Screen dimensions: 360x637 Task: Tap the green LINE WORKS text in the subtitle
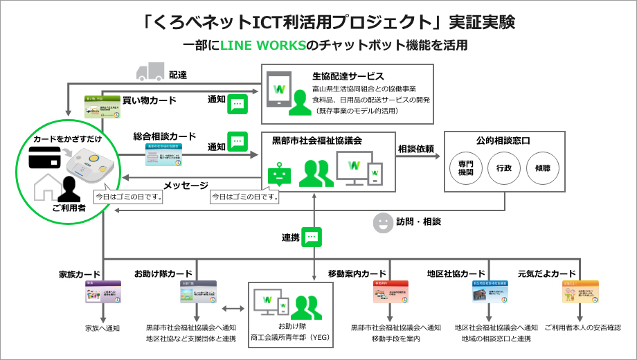point(262,46)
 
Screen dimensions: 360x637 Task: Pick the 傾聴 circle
point(538,168)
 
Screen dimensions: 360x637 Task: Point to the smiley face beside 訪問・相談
point(382,222)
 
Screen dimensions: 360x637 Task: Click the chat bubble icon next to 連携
point(313,237)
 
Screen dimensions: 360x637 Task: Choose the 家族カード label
point(80,273)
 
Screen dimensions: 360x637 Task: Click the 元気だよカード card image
point(580,293)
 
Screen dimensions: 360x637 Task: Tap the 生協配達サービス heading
point(349,76)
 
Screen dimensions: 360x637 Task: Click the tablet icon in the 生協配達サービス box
point(280,91)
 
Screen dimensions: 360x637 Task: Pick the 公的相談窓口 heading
point(503,141)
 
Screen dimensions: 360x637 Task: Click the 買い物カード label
point(149,100)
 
